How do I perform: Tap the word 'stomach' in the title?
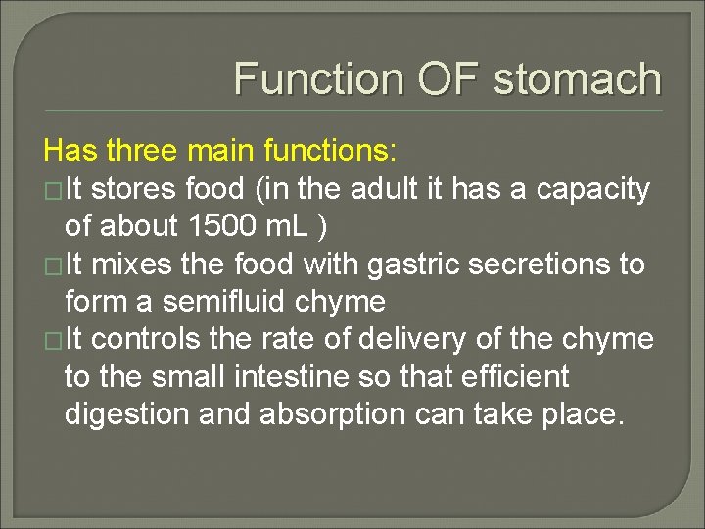578,79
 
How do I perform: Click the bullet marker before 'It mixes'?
53,265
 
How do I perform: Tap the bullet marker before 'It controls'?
53,340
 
